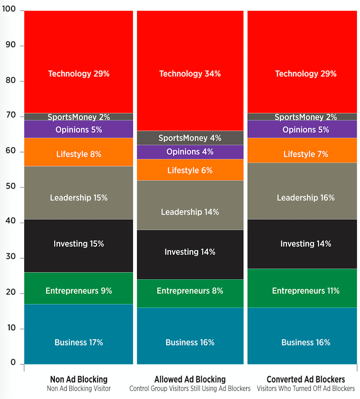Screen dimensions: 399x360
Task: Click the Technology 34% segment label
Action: tap(190, 74)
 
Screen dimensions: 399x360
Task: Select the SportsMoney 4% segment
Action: tap(190, 138)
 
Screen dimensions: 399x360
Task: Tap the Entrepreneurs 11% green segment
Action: tap(306, 291)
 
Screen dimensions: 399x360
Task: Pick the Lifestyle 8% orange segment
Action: tap(79, 154)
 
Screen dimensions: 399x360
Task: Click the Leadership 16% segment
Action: tap(306, 198)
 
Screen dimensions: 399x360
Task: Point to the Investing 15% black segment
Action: tap(79, 243)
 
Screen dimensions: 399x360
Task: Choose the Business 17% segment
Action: tap(79, 342)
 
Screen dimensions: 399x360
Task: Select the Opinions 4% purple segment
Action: tap(190, 152)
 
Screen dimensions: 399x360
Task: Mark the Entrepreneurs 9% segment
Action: tap(79, 291)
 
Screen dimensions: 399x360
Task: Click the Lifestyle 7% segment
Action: tap(306, 154)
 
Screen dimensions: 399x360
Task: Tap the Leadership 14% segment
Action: tap(190, 212)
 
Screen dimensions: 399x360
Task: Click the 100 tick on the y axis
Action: tap(9, 11)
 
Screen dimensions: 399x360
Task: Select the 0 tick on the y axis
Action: tap(14, 364)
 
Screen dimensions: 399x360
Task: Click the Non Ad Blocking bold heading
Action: tap(79, 379)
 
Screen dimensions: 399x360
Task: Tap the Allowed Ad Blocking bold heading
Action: tap(190, 379)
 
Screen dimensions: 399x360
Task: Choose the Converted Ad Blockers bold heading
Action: tap(306, 379)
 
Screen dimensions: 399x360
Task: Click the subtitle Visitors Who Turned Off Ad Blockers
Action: tap(306, 388)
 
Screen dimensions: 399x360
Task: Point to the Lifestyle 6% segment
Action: tap(190, 170)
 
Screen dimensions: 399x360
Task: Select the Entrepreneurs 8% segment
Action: tap(190, 291)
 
